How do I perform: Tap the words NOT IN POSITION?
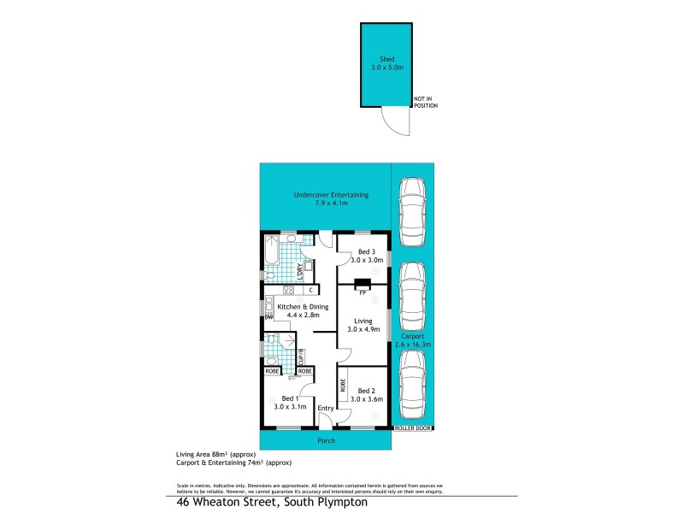[425, 103]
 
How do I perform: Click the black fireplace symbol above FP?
[363, 285]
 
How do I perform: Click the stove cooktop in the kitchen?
[278, 290]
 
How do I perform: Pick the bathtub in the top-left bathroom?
[270, 252]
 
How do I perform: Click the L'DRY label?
[299, 270]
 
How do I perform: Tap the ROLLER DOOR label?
[413, 427]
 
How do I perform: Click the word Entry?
[325, 408]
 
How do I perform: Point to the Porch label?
[326, 440]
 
